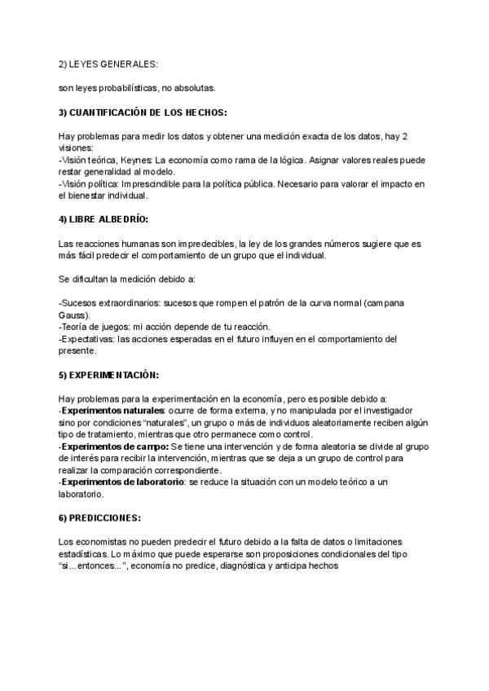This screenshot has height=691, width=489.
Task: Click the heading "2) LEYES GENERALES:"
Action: point(109,63)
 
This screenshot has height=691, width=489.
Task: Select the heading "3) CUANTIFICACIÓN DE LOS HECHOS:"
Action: point(143,112)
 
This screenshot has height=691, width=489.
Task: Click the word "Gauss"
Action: point(74,315)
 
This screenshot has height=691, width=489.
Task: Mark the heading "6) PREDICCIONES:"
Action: point(100,517)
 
